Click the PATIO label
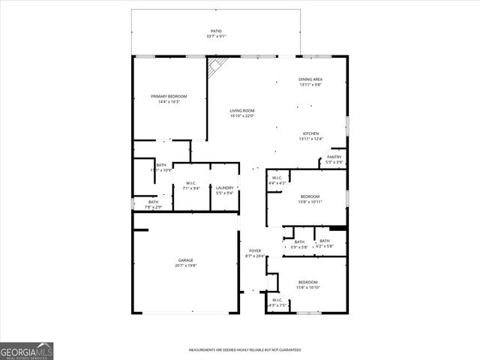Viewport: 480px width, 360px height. tap(216, 31)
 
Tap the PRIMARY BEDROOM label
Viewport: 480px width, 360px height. tap(169, 96)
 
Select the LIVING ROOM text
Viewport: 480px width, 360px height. tap(242, 111)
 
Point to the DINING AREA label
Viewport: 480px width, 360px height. tap(310, 79)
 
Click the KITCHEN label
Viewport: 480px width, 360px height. tap(310, 133)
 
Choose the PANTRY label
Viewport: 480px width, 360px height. tap(334, 157)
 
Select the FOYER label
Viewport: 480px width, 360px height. tap(255, 250)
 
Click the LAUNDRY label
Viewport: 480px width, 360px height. tap(225, 187)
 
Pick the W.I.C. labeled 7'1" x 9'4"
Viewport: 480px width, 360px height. tap(191, 188)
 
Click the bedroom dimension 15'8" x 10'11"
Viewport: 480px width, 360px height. tap(310, 202)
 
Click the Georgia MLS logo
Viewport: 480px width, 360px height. tap(27, 351)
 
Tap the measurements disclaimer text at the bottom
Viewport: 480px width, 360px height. tap(244, 349)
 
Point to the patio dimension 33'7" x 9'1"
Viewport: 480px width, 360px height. tap(216, 37)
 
